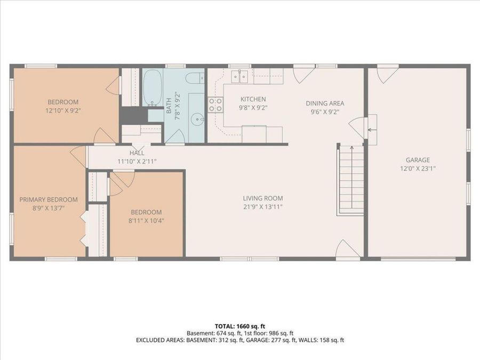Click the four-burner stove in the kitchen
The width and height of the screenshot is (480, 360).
coord(215,104)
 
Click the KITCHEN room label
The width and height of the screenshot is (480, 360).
coord(253,99)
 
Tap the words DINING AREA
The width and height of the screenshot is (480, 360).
coord(324,103)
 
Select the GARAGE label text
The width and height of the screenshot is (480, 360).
coord(418,160)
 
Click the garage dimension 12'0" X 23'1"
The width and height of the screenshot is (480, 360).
coord(418,168)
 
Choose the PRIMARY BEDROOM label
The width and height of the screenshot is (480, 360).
coord(49,199)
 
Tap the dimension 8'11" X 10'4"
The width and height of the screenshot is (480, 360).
coord(146,220)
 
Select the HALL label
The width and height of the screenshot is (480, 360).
coord(137,153)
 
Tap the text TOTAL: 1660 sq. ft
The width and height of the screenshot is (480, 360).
coord(240,325)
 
